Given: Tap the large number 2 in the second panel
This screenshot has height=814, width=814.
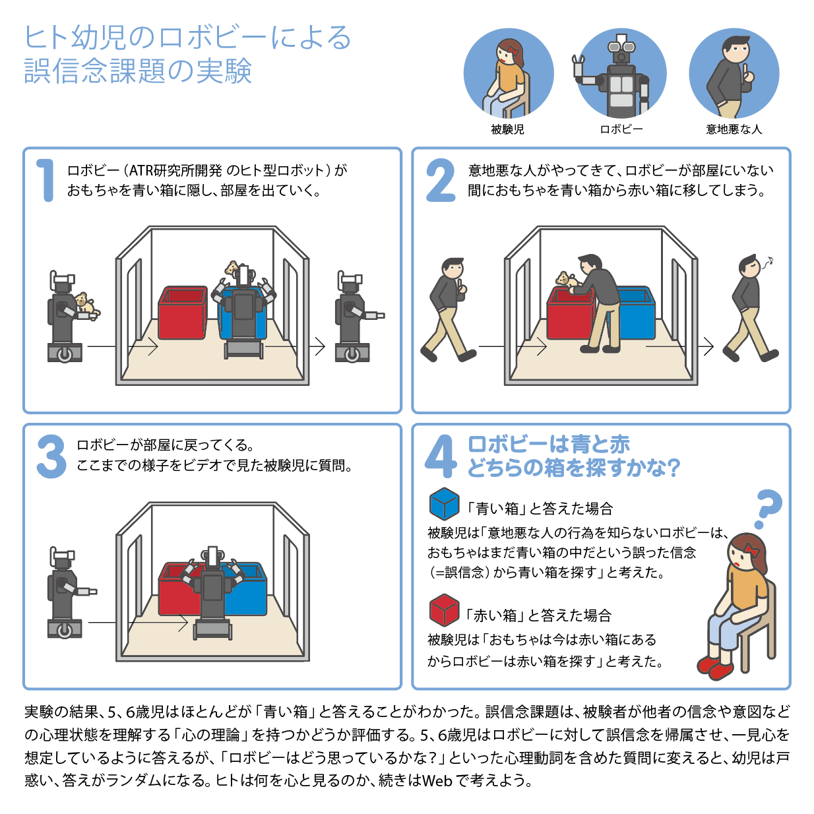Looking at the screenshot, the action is (441, 180).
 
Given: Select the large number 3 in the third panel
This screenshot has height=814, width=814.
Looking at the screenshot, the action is (51, 456).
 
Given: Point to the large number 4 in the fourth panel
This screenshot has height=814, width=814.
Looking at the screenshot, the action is (441, 456).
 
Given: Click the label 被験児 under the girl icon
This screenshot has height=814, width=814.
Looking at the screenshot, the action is (507, 129).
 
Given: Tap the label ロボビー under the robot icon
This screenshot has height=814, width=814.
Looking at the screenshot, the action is (621, 129).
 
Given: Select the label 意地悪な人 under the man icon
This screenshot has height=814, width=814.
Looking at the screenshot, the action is (734, 129).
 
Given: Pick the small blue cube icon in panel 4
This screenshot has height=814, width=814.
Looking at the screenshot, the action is (444, 503).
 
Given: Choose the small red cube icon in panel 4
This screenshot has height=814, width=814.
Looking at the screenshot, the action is (444, 610).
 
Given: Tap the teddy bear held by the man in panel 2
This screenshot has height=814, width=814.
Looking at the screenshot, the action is (565, 280).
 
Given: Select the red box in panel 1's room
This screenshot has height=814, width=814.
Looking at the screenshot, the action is (183, 313).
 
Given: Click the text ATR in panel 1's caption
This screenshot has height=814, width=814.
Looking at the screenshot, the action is (141, 171).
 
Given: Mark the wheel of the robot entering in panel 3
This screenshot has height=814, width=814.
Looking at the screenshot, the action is (64, 631).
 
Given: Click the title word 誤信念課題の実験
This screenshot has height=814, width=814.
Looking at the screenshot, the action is (138, 71).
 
